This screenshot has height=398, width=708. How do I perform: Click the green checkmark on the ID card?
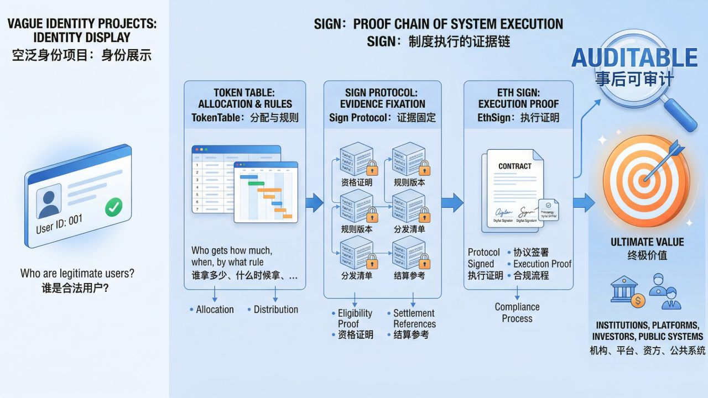point(113,207)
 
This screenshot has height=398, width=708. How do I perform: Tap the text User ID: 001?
point(59,223)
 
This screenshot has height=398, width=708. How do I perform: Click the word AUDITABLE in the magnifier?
point(634,58)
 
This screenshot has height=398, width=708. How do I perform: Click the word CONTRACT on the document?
point(514,166)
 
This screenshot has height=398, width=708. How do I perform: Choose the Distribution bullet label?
point(275,310)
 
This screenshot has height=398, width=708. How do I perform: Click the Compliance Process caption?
point(517,313)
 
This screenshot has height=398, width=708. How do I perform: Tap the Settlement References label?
point(414,318)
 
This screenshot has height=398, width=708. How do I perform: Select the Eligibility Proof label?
point(355,318)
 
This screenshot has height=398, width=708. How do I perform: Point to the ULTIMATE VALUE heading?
point(647,242)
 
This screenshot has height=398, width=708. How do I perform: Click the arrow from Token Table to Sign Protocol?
point(314,203)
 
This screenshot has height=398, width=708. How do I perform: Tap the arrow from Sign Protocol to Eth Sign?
point(452,203)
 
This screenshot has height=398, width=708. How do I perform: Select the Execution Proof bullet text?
point(542,264)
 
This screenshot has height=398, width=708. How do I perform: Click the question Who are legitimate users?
point(77,273)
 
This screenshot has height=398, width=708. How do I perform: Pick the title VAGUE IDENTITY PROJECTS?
point(82,24)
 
